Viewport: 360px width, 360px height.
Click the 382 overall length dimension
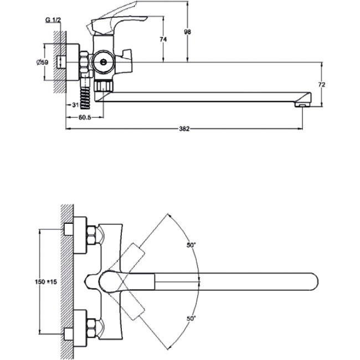tap(184, 129)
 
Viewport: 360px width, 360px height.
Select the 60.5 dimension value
tap(84, 117)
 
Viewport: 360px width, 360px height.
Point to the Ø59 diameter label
tap(42, 61)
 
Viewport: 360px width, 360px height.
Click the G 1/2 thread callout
tap(53, 20)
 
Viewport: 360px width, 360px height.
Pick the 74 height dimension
tap(163, 39)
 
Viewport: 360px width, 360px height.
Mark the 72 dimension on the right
tap(322, 84)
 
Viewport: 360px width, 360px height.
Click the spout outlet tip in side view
tap(302, 102)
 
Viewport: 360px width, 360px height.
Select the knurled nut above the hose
tap(104, 85)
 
